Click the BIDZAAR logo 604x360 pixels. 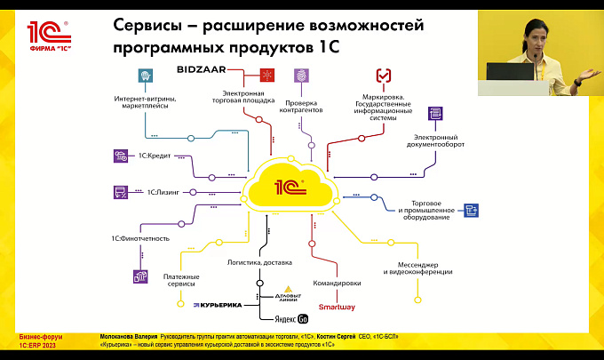[x=203, y=68]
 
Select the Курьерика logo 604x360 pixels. [x=218, y=305]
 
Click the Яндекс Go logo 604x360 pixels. [x=288, y=318]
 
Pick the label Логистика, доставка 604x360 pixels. [x=261, y=261]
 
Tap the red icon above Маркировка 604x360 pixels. [x=384, y=76]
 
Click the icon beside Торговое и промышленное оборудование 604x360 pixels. [x=472, y=210]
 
